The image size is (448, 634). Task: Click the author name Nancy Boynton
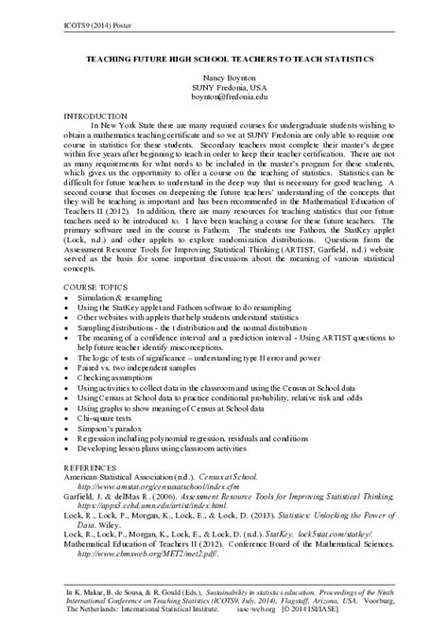(223, 75)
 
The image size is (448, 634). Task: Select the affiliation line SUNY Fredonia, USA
(223, 85)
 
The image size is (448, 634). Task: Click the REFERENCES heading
(91, 468)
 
